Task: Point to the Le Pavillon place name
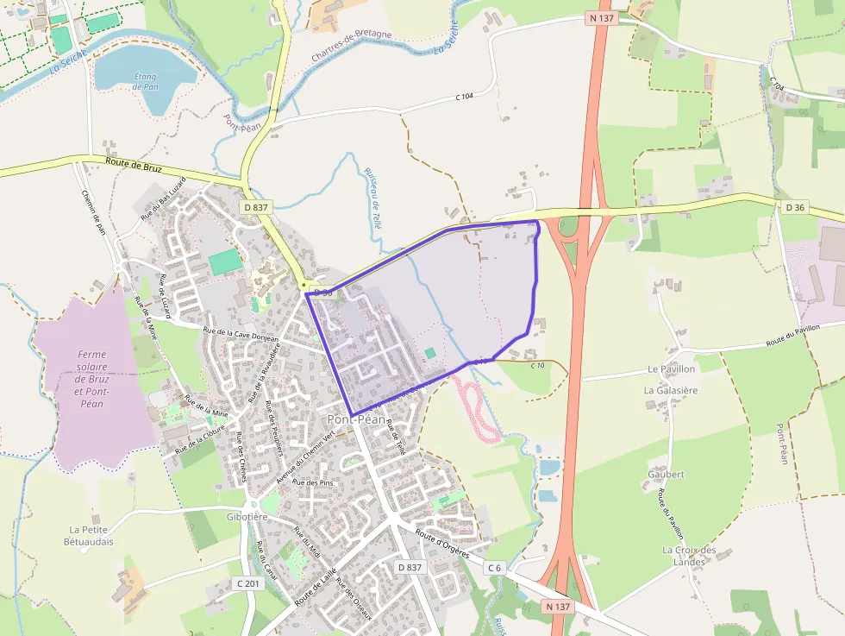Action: click(x=671, y=368)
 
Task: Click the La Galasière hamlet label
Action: click(x=670, y=390)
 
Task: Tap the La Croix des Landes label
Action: click(x=689, y=556)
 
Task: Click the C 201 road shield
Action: click(x=247, y=584)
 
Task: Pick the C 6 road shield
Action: click(x=494, y=568)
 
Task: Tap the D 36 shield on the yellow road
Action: click(x=795, y=207)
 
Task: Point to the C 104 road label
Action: click(x=465, y=96)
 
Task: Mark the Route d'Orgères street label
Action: click(x=442, y=544)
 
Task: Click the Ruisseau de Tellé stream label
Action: click(x=376, y=196)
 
